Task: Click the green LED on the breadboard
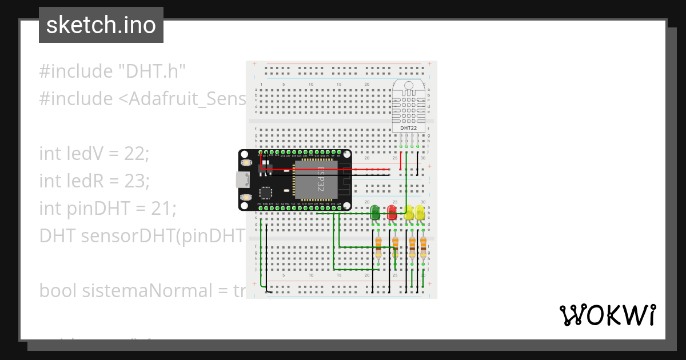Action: (x=375, y=213)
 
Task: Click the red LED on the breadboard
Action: (x=392, y=213)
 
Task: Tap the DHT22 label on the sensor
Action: (x=408, y=128)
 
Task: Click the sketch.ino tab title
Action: (x=101, y=25)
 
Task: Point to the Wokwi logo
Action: (x=607, y=315)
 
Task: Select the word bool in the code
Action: (x=58, y=291)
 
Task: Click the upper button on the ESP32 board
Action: (x=247, y=163)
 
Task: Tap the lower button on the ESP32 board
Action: (x=247, y=197)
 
